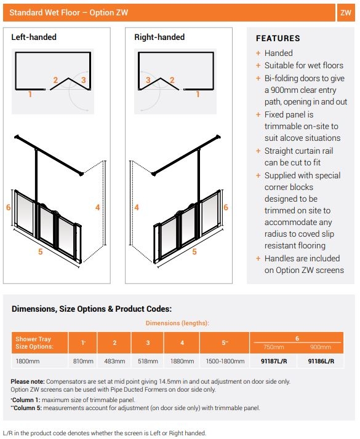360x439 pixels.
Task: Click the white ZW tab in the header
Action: pyautogui.click(x=345, y=12)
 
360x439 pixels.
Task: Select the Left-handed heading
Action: pyautogui.click(x=34, y=38)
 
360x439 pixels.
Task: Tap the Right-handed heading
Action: pyautogui.click(x=159, y=38)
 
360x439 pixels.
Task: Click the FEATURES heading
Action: pyautogui.click(x=278, y=38)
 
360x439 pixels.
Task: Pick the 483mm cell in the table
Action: pyautogui.click(x=114, y=362)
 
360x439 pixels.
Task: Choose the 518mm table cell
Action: pyautogui.click(x=148, y=362)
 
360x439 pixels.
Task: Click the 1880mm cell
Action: pyautogui.click(x=182, y=362)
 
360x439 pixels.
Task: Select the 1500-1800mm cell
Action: pyautogui.click(x=225, y=362)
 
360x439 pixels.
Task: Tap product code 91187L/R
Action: pyautogui.click(x=273, y=362)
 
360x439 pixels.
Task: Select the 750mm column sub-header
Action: pyautogui.click(x=273, y=346)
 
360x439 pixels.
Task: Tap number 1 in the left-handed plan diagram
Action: pyautogui.click(x=29, y=95)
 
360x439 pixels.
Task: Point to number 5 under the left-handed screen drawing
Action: pyautogui.click(x=41, y=251)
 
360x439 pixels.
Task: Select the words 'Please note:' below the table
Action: pyautogui.click(x=26, y=382)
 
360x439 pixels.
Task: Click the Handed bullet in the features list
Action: pyautogui.click(x=278, y=53)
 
